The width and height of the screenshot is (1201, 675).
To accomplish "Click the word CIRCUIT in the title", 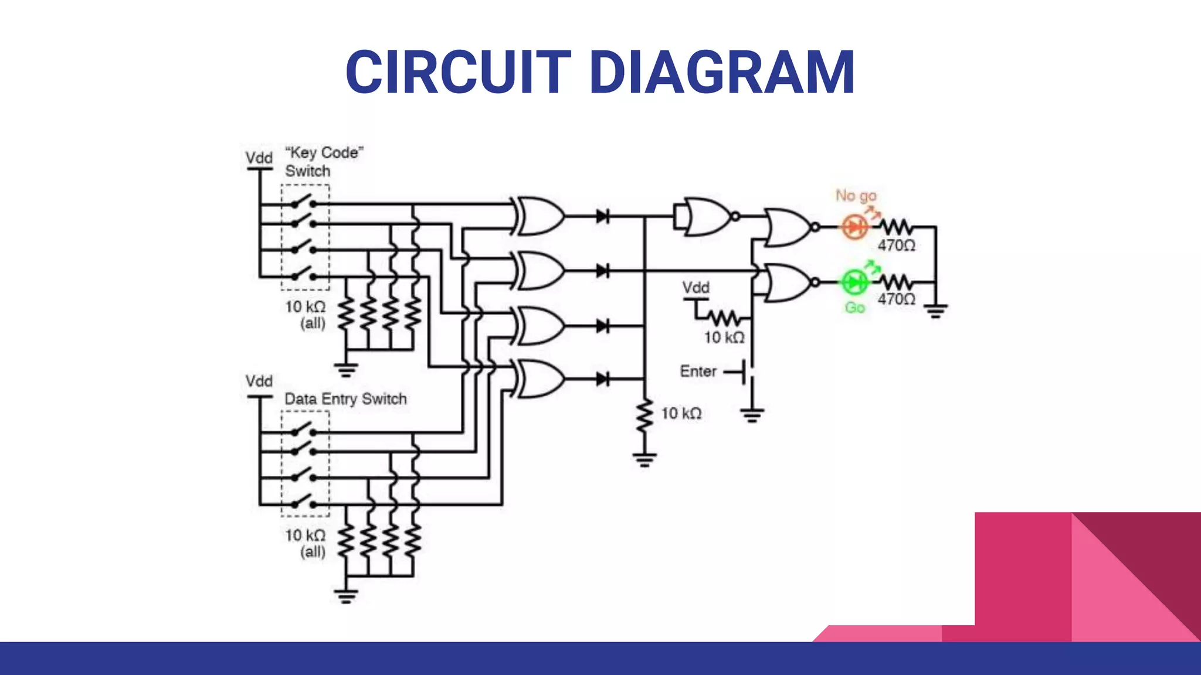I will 458,72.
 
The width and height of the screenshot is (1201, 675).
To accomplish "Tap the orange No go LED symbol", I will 854,227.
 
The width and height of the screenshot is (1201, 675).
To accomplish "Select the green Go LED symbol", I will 854,282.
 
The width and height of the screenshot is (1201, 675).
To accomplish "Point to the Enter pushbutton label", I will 698,371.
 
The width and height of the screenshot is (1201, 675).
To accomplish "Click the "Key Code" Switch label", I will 323,162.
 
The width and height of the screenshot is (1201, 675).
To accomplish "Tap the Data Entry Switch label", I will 345,399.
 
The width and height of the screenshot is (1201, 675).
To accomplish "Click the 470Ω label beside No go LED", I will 896,246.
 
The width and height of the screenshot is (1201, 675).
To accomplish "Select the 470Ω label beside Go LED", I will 896,299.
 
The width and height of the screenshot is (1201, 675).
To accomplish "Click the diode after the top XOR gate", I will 603,216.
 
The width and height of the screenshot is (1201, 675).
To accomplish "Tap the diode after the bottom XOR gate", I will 603,379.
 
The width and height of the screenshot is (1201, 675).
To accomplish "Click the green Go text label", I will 854,308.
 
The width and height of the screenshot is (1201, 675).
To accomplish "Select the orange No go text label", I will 856,195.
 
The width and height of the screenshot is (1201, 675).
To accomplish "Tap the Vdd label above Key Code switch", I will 259,158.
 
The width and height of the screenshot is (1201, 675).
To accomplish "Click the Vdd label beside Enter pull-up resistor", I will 696,288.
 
